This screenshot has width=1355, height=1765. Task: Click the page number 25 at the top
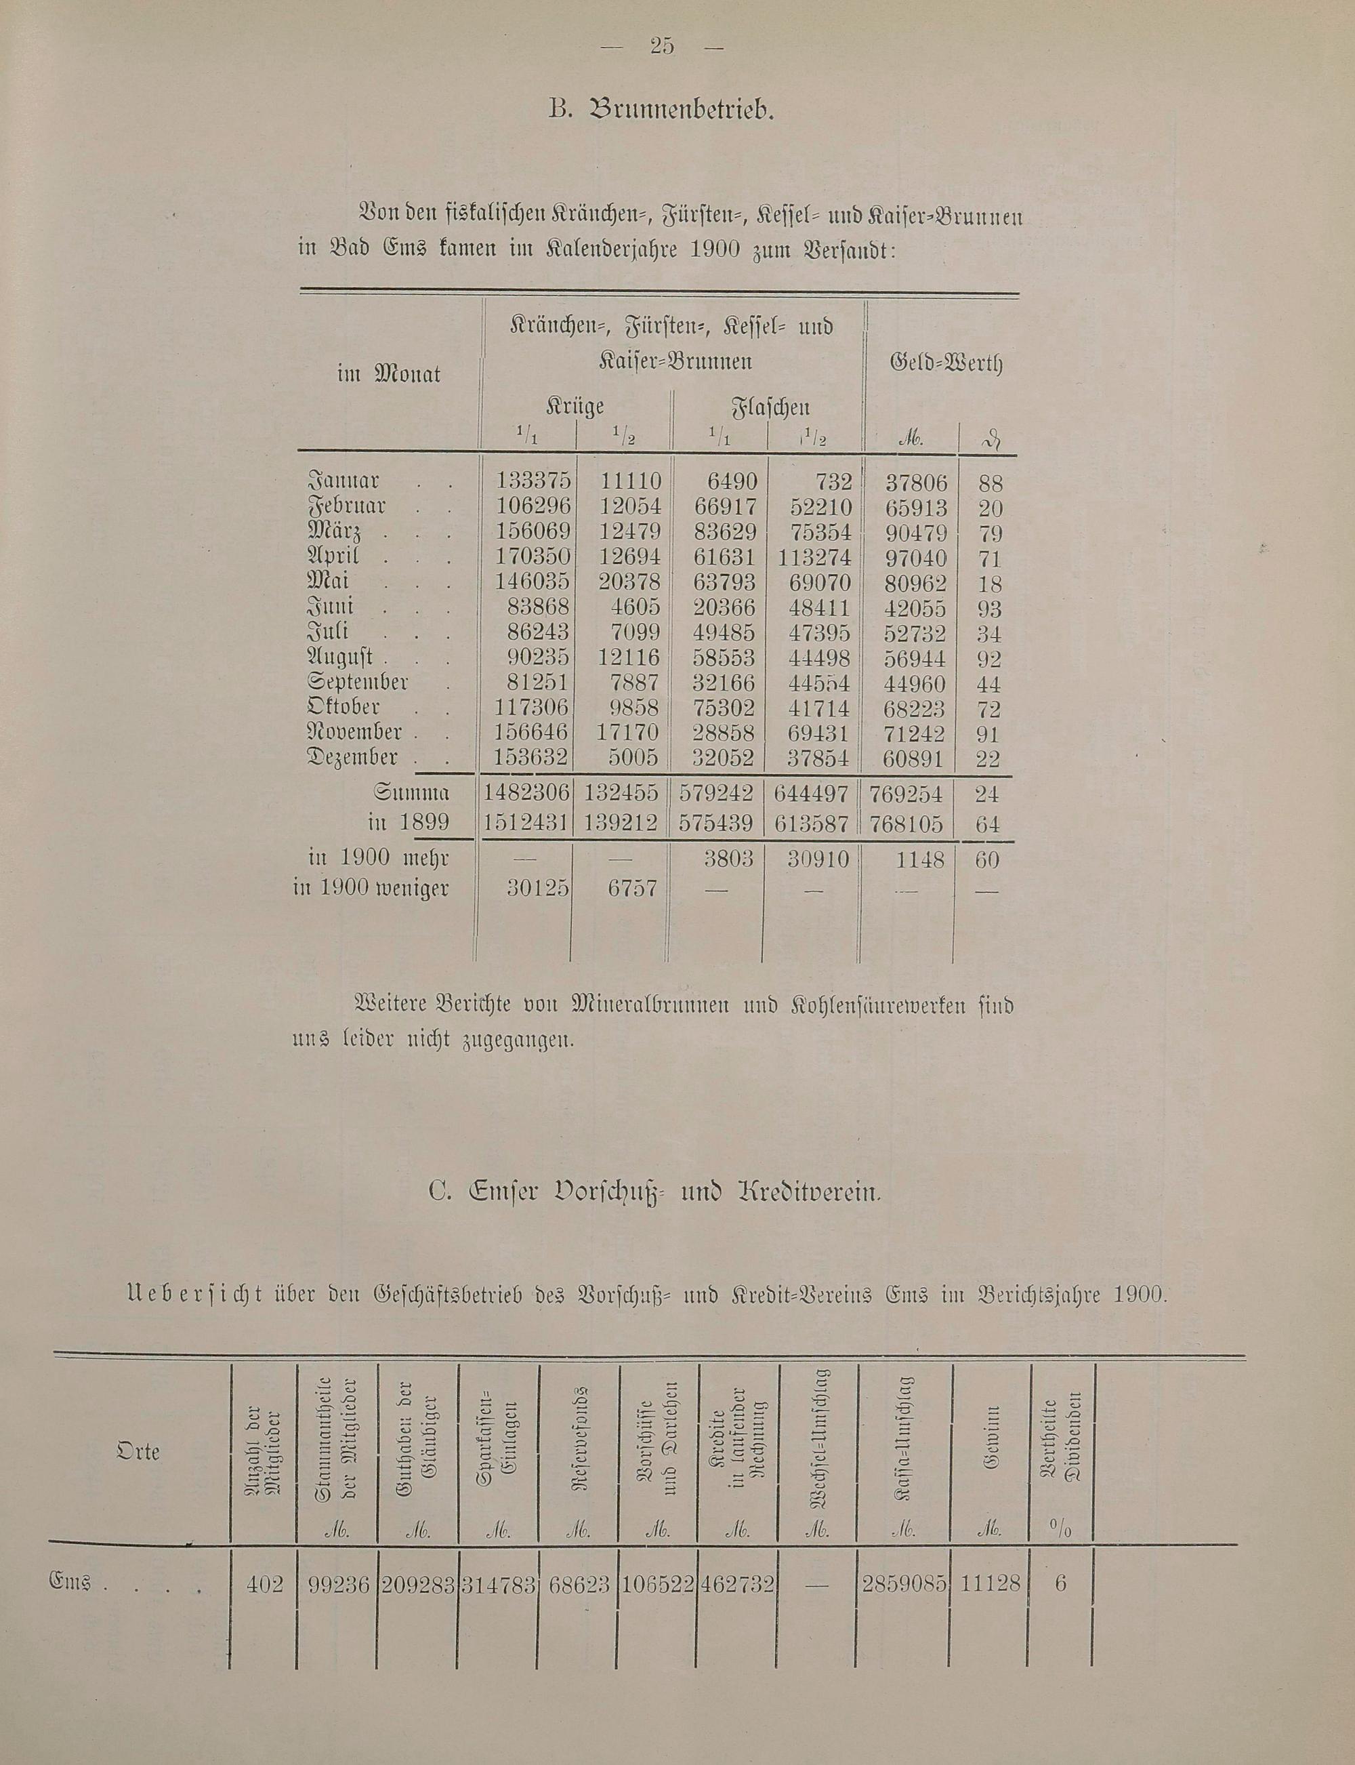(661, 47)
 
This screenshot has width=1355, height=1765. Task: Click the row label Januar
(343, 483)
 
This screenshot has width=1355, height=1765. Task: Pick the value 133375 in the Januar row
(533, 483)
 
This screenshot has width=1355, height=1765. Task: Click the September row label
(358, 683)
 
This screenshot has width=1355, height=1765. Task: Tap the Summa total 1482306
(526, 794)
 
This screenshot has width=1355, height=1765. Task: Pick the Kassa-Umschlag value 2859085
(903, 1583)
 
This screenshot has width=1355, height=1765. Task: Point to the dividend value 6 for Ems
(1060, 1583)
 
